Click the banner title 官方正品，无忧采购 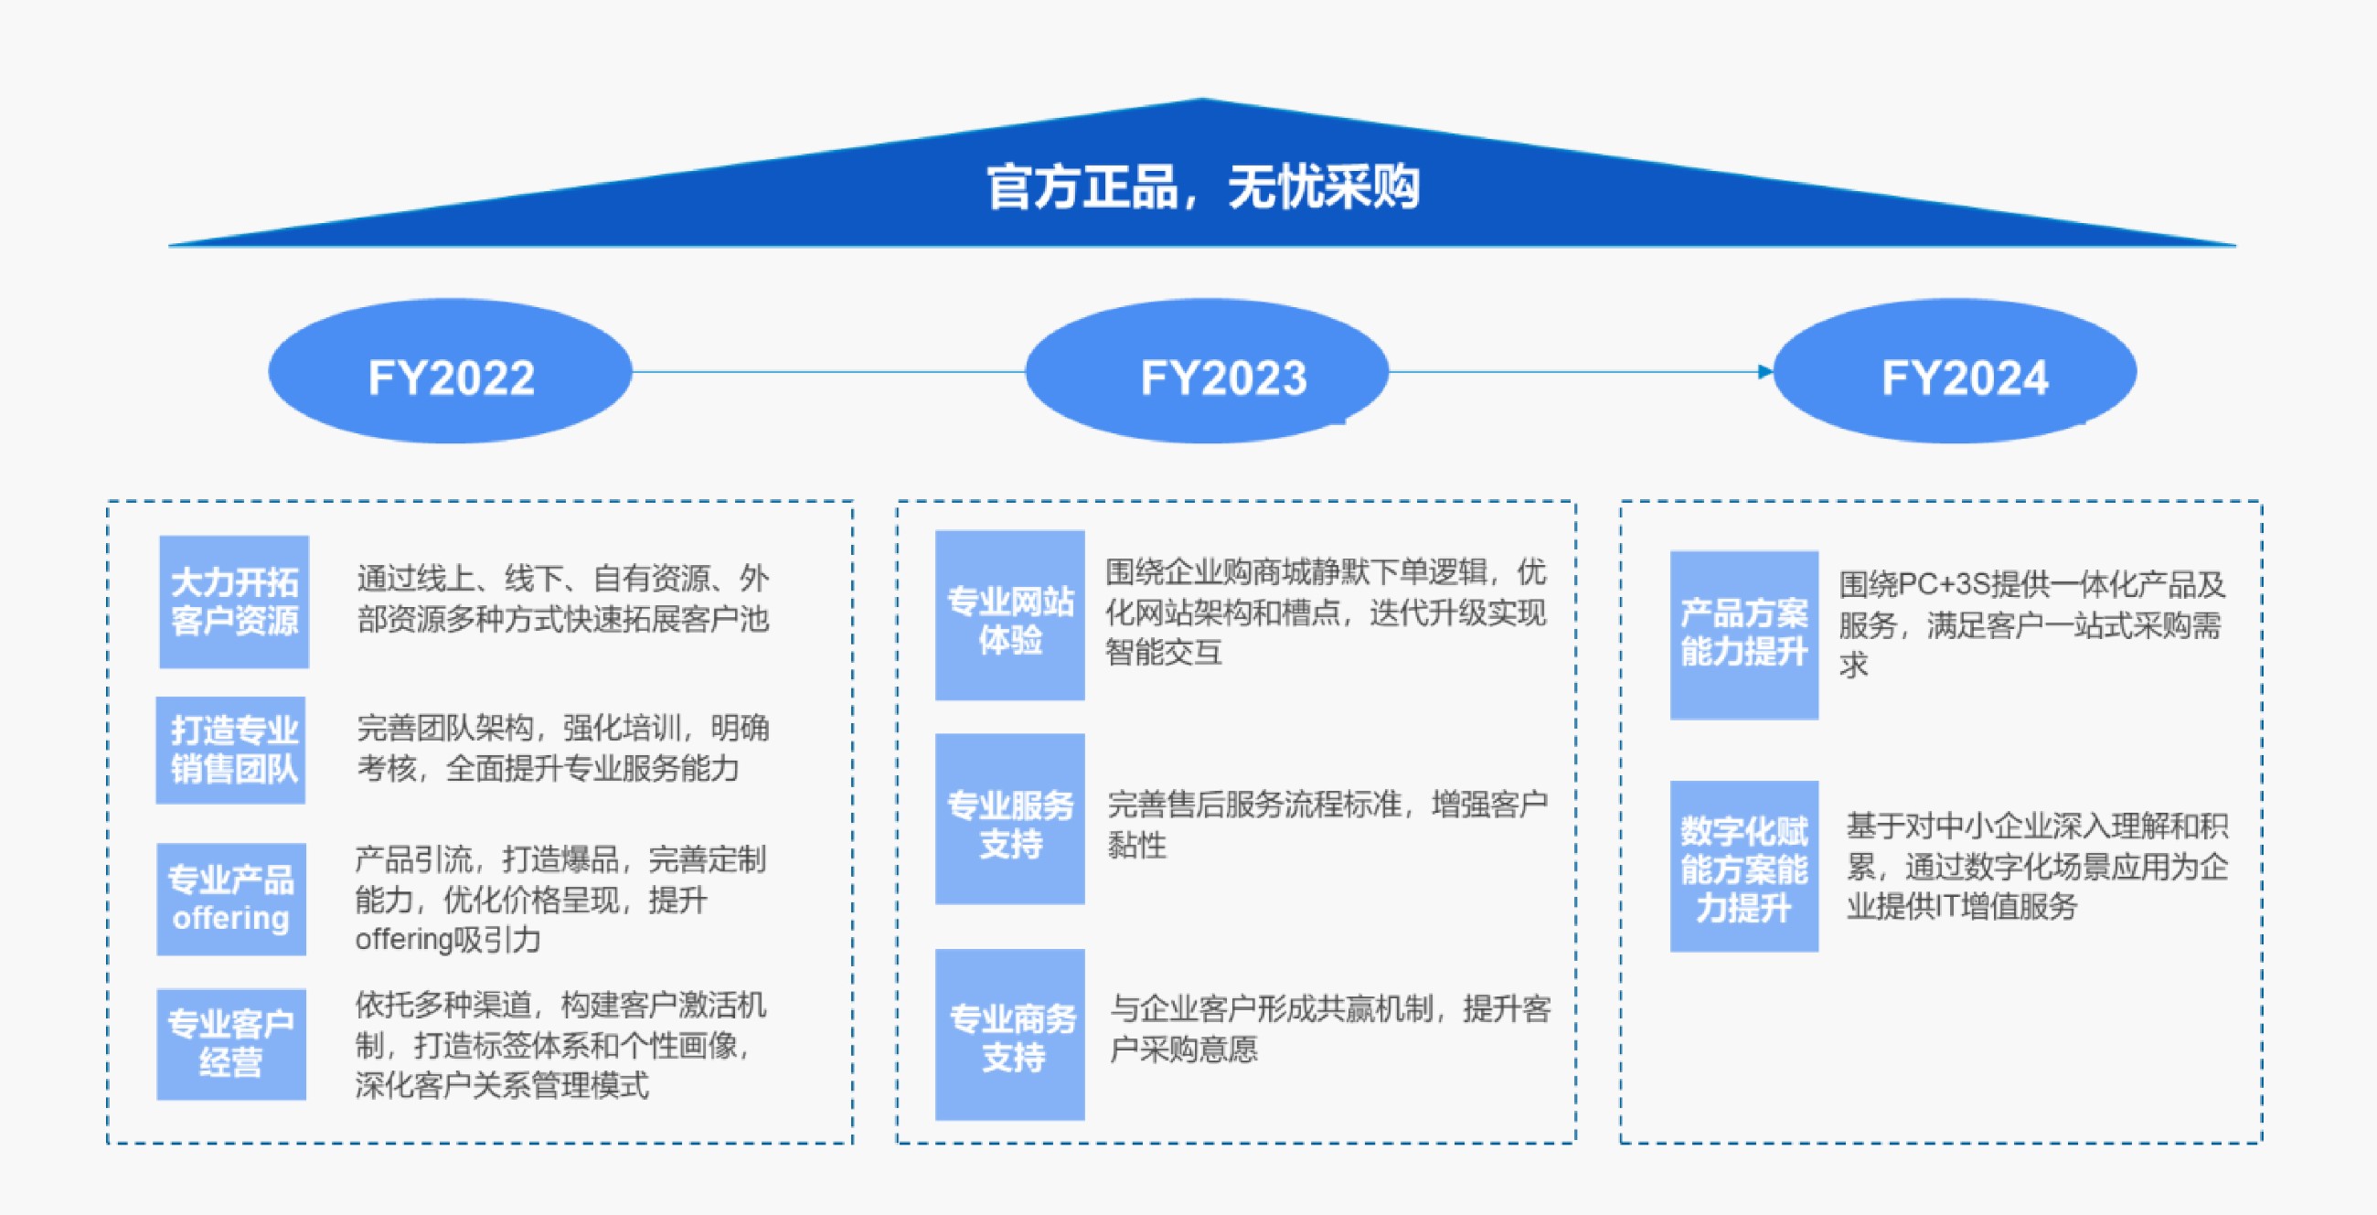click(1203, 187)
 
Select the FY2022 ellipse click(451, 371)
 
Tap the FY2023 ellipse click(1207, 371)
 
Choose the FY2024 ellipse click(1956, 371)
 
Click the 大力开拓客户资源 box click(234, 602)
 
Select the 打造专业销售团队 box click(230, 750)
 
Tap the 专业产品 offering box click(231, 900)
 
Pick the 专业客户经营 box click(231, 1044)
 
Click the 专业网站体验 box click(1010, 615)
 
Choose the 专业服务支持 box click(1010, 819)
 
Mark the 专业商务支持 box click(1010, 1035)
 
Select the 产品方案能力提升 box click(1745, 635)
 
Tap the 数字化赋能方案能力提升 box click(1745, 867)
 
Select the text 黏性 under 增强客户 click(1136, 845)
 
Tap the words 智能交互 click(1165, 653)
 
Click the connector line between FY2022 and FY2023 click(828, 372)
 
